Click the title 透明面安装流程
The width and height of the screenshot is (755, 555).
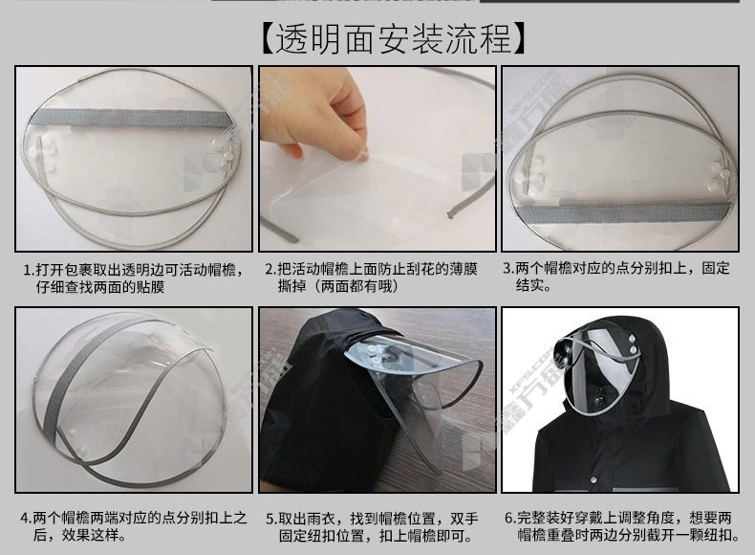tap(393, 39)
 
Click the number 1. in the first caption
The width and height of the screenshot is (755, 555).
tap(30, 269)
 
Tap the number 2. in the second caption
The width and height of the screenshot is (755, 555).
tap(271, 269)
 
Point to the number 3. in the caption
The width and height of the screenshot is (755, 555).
tap(509, 268)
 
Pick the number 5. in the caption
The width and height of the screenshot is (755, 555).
tap(272, 520)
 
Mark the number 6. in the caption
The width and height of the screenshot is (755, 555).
tap(511, 518)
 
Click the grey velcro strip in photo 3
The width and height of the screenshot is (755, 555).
tap(622, 212)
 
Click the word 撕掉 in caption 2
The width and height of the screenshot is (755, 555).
tap(291, 286)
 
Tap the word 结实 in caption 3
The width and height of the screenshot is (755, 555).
tap(529, 285)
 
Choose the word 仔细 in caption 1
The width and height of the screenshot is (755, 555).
tap(51, 287)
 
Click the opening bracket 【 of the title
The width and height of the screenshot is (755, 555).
tap(268, 39)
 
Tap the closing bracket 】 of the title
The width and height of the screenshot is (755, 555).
tap(518, 39)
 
